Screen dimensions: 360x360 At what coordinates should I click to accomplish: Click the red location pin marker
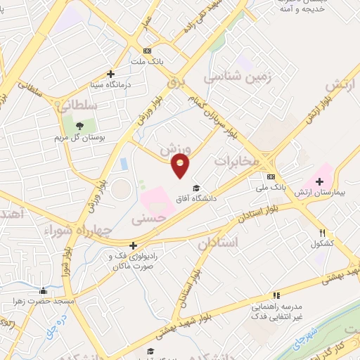pos(181,166)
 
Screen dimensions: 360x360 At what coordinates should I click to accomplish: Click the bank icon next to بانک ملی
pos(271,176)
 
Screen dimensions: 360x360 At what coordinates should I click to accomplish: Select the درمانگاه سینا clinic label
pos(110,84)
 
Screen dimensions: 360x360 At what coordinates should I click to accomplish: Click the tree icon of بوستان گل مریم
pos(79,126)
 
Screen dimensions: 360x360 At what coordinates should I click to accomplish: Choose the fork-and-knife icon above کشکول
pos(322,233)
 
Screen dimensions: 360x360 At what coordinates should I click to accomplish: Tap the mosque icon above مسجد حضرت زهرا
pos(43,290)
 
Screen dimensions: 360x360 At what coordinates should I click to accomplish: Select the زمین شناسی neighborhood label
pos(228,75)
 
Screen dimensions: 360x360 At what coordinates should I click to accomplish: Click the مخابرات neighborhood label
pos(237,161)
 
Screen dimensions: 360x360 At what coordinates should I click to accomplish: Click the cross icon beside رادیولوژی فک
pos(132,245)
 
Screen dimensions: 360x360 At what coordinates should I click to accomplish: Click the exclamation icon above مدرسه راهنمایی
pos(276,295)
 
